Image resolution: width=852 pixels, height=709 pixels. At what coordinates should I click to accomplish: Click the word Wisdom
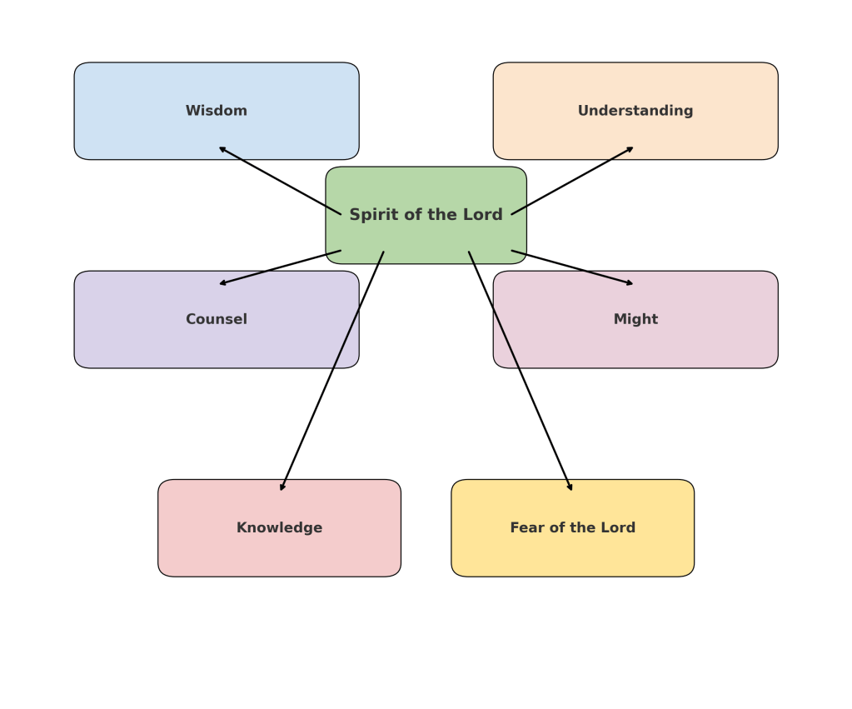pos(216,111)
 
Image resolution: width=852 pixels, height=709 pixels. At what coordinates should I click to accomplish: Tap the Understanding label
pos(635,111)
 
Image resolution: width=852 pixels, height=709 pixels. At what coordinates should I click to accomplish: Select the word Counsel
pos(216,319)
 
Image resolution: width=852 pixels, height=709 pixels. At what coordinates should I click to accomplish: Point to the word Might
pos(635,319)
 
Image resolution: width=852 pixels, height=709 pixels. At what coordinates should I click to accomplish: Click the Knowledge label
pos(279,527)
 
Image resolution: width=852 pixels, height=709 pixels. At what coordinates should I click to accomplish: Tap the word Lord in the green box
pos(483,215)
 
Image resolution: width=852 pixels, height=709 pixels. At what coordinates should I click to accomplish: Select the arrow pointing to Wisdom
pos(280,181)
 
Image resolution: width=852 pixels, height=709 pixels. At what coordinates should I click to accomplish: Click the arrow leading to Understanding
pos(572,181)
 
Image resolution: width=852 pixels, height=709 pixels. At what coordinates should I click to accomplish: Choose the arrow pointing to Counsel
pos(280,267)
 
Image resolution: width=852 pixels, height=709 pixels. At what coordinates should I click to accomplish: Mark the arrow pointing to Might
pos(572,267)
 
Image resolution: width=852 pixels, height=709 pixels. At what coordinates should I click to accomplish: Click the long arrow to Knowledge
pos(332,371)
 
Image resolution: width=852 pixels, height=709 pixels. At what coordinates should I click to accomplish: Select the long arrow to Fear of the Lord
pos(521,371)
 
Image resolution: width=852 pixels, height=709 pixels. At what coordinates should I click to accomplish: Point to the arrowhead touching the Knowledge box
pos(282,487)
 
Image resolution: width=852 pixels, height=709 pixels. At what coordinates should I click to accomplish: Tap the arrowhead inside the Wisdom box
pos(222,149)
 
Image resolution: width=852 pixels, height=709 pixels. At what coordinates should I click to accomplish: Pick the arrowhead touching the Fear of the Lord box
pos(570,487)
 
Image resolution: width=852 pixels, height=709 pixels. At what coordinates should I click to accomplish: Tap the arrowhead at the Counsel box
pos(222,283)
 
